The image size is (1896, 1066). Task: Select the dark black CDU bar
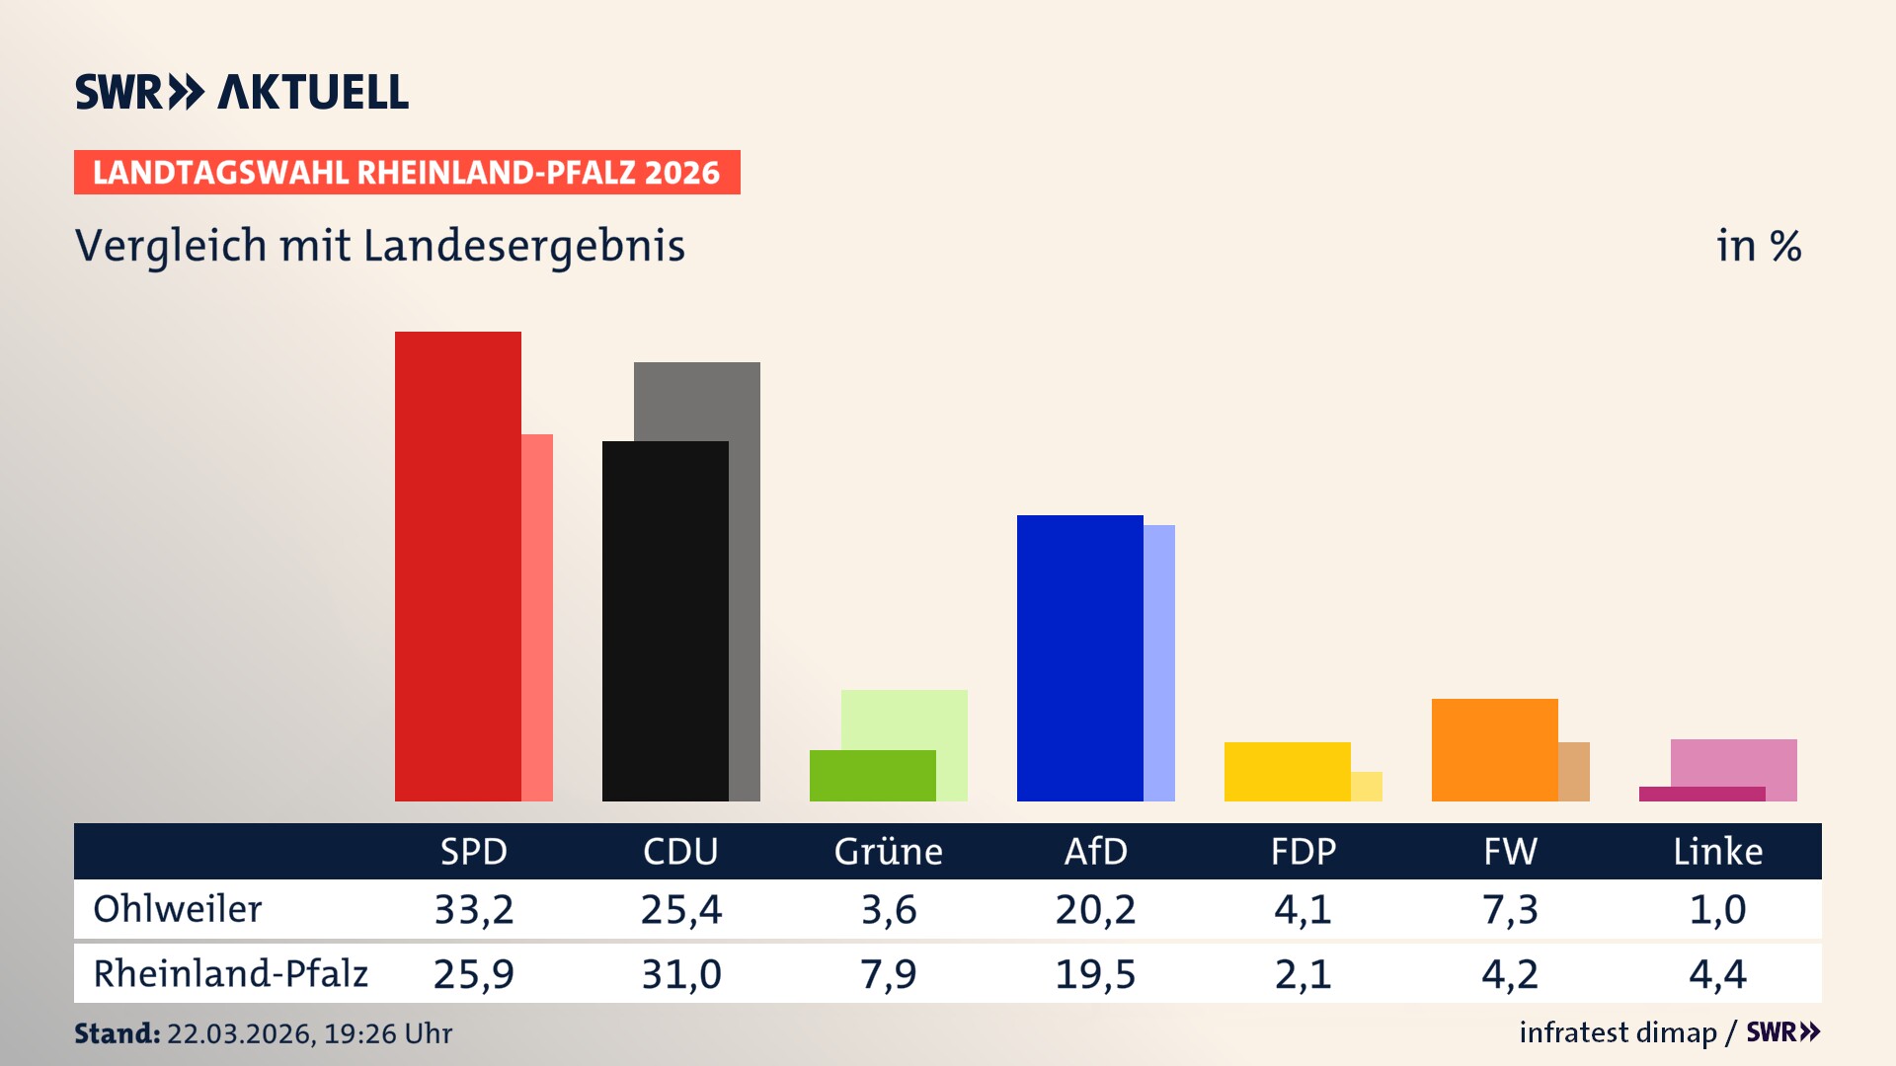(665, 621)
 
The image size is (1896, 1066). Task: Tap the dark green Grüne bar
(872, 776)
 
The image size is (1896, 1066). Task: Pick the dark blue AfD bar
(1079, 657)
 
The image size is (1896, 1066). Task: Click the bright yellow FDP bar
(1287, 771)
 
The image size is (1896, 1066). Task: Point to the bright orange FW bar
(1494, 749)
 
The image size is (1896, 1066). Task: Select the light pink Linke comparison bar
(1734, 762)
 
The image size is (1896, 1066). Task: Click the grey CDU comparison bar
(697, 400)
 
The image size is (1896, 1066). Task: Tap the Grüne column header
(888, 851)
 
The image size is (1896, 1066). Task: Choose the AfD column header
(1095, 851)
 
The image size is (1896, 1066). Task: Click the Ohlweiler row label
(178, 909)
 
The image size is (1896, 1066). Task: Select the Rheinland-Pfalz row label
(230, 974)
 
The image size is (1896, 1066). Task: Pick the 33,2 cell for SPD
(474, 909)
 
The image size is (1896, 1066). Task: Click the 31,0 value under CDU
(681, 974)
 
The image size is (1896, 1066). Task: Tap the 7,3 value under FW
(1510, 909)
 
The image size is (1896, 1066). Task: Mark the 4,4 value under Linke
(1717, 974)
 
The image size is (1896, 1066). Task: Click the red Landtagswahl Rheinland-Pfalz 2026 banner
(407, 173)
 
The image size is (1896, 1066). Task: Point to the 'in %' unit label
(1759, 246)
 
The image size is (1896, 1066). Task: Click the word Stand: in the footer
(117, 1033)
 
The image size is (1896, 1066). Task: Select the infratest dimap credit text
(1618, 1032)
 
